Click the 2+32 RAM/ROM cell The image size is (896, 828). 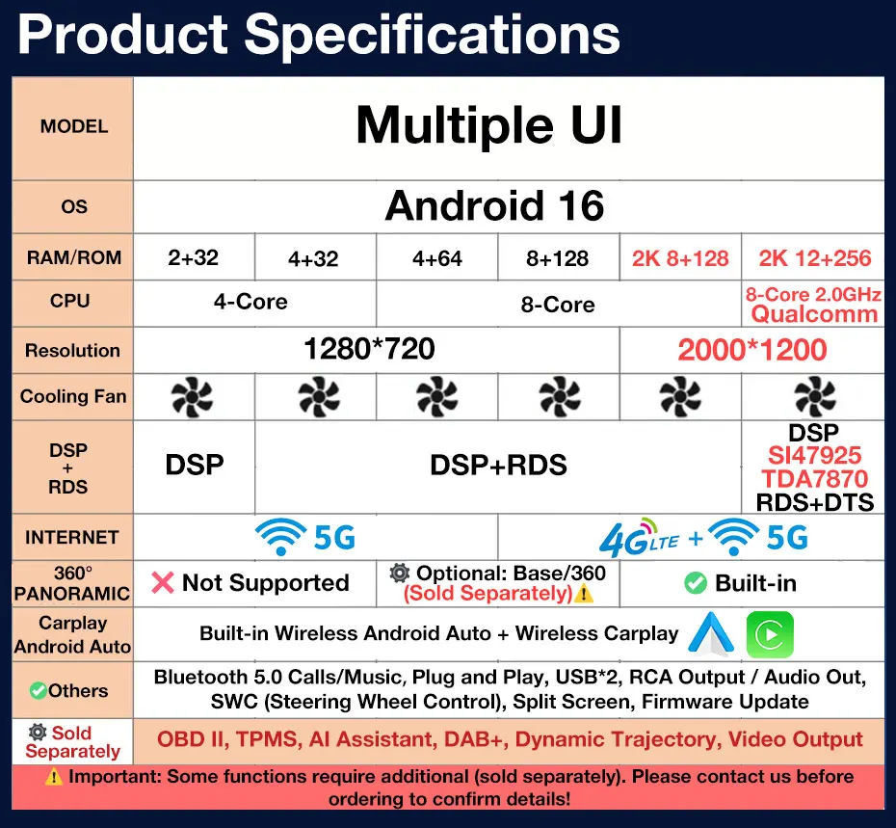[x=193, y=257]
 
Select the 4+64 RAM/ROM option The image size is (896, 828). [x=437, y=258]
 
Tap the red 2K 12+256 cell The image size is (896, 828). [x=815, y=258]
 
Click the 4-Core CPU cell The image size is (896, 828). [x=250, y=302]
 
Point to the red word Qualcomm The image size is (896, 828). [x=814, y=314]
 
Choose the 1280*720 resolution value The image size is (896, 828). [x=369, y=349]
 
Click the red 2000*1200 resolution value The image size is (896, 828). [x=752, y=350]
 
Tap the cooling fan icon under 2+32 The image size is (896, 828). [x=192, y=397]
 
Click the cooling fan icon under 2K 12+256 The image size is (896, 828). [x=815, y=397]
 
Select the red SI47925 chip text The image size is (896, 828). [x=814, y=456]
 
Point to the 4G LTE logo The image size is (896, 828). [x=639, y=538]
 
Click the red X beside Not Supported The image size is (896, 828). [x=163, y=583]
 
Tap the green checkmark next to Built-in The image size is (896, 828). [x=696, y=583]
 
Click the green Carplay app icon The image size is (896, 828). [x=770, y=634]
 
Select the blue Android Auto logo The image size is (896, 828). [x=711, y=633]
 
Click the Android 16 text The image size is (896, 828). [x=494, y=206]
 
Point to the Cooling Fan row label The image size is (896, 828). [x=73, y=396]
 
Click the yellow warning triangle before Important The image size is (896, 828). [x=54, y=777]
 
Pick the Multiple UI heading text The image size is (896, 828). [x=488, y=125]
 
